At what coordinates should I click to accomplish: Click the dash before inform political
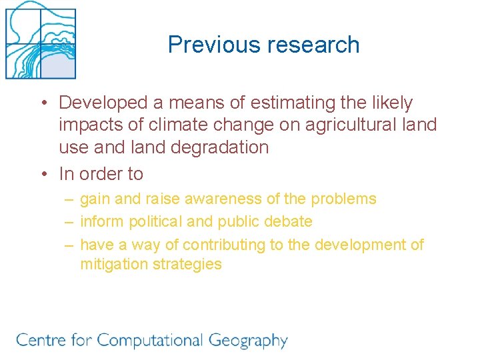69,221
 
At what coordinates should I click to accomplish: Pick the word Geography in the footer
248,341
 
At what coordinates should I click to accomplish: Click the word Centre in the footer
40,341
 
